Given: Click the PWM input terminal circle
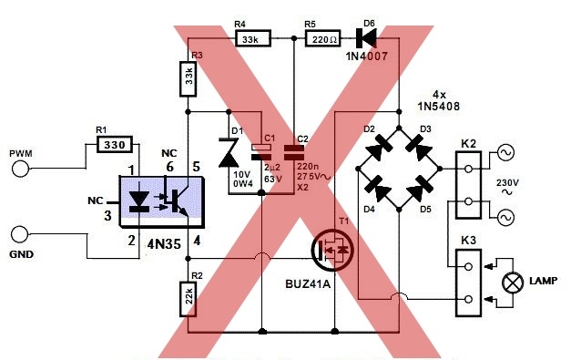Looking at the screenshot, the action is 20,169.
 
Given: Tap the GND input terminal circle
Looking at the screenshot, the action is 19,235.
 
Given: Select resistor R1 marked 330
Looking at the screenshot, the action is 115,144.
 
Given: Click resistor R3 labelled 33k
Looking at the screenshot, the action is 188,79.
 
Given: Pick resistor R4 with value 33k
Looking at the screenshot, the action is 253,38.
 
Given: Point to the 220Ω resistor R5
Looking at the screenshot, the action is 322,38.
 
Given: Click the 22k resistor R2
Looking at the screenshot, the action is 188,299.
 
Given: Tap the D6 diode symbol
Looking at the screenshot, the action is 366,37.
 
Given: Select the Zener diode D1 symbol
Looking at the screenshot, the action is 229,152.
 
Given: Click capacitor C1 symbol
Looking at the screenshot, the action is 261,152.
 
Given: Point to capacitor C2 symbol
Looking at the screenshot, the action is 294,152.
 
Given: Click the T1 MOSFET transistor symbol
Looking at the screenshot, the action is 332,250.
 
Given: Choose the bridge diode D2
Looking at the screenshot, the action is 379,148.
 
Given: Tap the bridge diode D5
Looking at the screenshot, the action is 420,189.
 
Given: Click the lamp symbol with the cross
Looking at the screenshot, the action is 513,283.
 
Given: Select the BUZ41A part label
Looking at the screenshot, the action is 308,284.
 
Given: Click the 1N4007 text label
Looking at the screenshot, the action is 367,57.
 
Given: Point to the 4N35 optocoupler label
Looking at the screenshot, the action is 164,244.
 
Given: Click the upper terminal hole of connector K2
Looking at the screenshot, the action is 468,169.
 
